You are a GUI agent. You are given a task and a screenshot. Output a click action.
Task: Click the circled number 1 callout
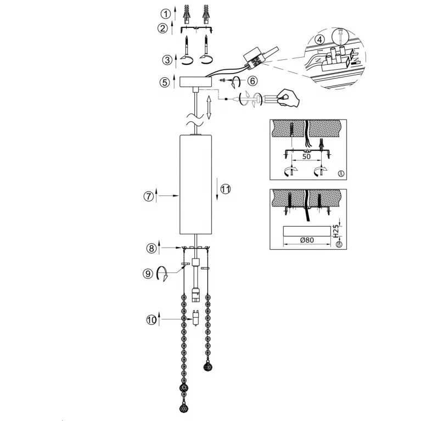pyautogui.click(x=166, y=14)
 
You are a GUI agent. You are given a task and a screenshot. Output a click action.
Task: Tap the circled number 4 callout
pyautogui.click(x=319, y=40)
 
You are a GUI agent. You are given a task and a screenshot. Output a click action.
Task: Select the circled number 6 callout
pyautogui.click(x=252, y=81)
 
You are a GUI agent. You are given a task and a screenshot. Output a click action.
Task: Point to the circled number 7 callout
pyautogui.click(x=149, y=197)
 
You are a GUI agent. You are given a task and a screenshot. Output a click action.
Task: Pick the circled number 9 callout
pyautogui.click(x=148, y=273)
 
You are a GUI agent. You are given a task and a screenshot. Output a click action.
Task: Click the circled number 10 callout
pyautogui.click(x=151, y=319)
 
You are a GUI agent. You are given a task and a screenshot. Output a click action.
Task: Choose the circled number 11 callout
pyautogui.click(x=226, y=189)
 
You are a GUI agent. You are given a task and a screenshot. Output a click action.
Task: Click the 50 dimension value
pyautogui.click(x=306, y=156)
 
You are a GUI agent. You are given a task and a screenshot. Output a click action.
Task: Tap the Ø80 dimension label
pyautogui.click(x=307, y=240)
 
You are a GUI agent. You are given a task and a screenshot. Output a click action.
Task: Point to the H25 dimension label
pyautogui.click(x=336, y=231)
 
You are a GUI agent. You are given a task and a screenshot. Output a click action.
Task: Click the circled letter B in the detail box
pyautogui.click(x=339, y=245)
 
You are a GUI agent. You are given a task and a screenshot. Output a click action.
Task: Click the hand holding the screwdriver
pyautogui.click(x=288, y=98)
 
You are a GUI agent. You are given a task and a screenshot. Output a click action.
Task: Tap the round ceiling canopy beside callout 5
pyautogui.click(x=195, y=82)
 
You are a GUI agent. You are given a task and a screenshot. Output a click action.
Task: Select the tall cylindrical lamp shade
pyautogui.click(x=195, y=185)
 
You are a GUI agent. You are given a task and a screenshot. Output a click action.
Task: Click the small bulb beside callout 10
pyautogui.click(x=197, y=318)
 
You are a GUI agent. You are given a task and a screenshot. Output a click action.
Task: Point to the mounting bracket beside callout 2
pyautogui.click(x=197, y=29)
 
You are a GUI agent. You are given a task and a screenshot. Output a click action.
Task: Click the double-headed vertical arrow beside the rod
pyautogui.click(x=209, y=107)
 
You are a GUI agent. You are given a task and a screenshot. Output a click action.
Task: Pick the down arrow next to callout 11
pyautogui.click(x=217, y=190)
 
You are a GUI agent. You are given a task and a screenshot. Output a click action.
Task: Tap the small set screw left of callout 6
pyautogui.click(x=222, y=80)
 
